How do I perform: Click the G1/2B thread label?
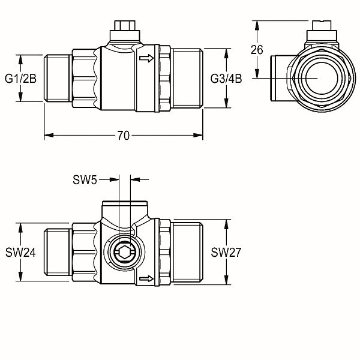pos(20,79)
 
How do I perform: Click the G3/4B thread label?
pos(226,79)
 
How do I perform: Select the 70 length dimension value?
pos(124,136)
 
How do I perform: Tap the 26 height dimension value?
pos(257,50)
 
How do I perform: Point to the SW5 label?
pos(85,180)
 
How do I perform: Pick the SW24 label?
pos(20,253)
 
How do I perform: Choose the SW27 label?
pos(226,253)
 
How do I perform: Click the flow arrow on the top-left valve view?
pos(146,58)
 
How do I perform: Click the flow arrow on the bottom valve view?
pos(146,279)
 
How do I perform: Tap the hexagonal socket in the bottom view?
pos(124,253)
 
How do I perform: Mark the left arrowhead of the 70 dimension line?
pos(49,136)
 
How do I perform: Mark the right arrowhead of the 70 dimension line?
pos(198,136)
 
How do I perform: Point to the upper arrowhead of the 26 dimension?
pos(257,25)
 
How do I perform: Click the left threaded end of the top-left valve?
pos(58,78)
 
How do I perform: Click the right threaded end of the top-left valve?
pos(188,78)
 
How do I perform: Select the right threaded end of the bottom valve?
pos(188,252)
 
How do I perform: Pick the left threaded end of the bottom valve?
pos(58,252)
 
